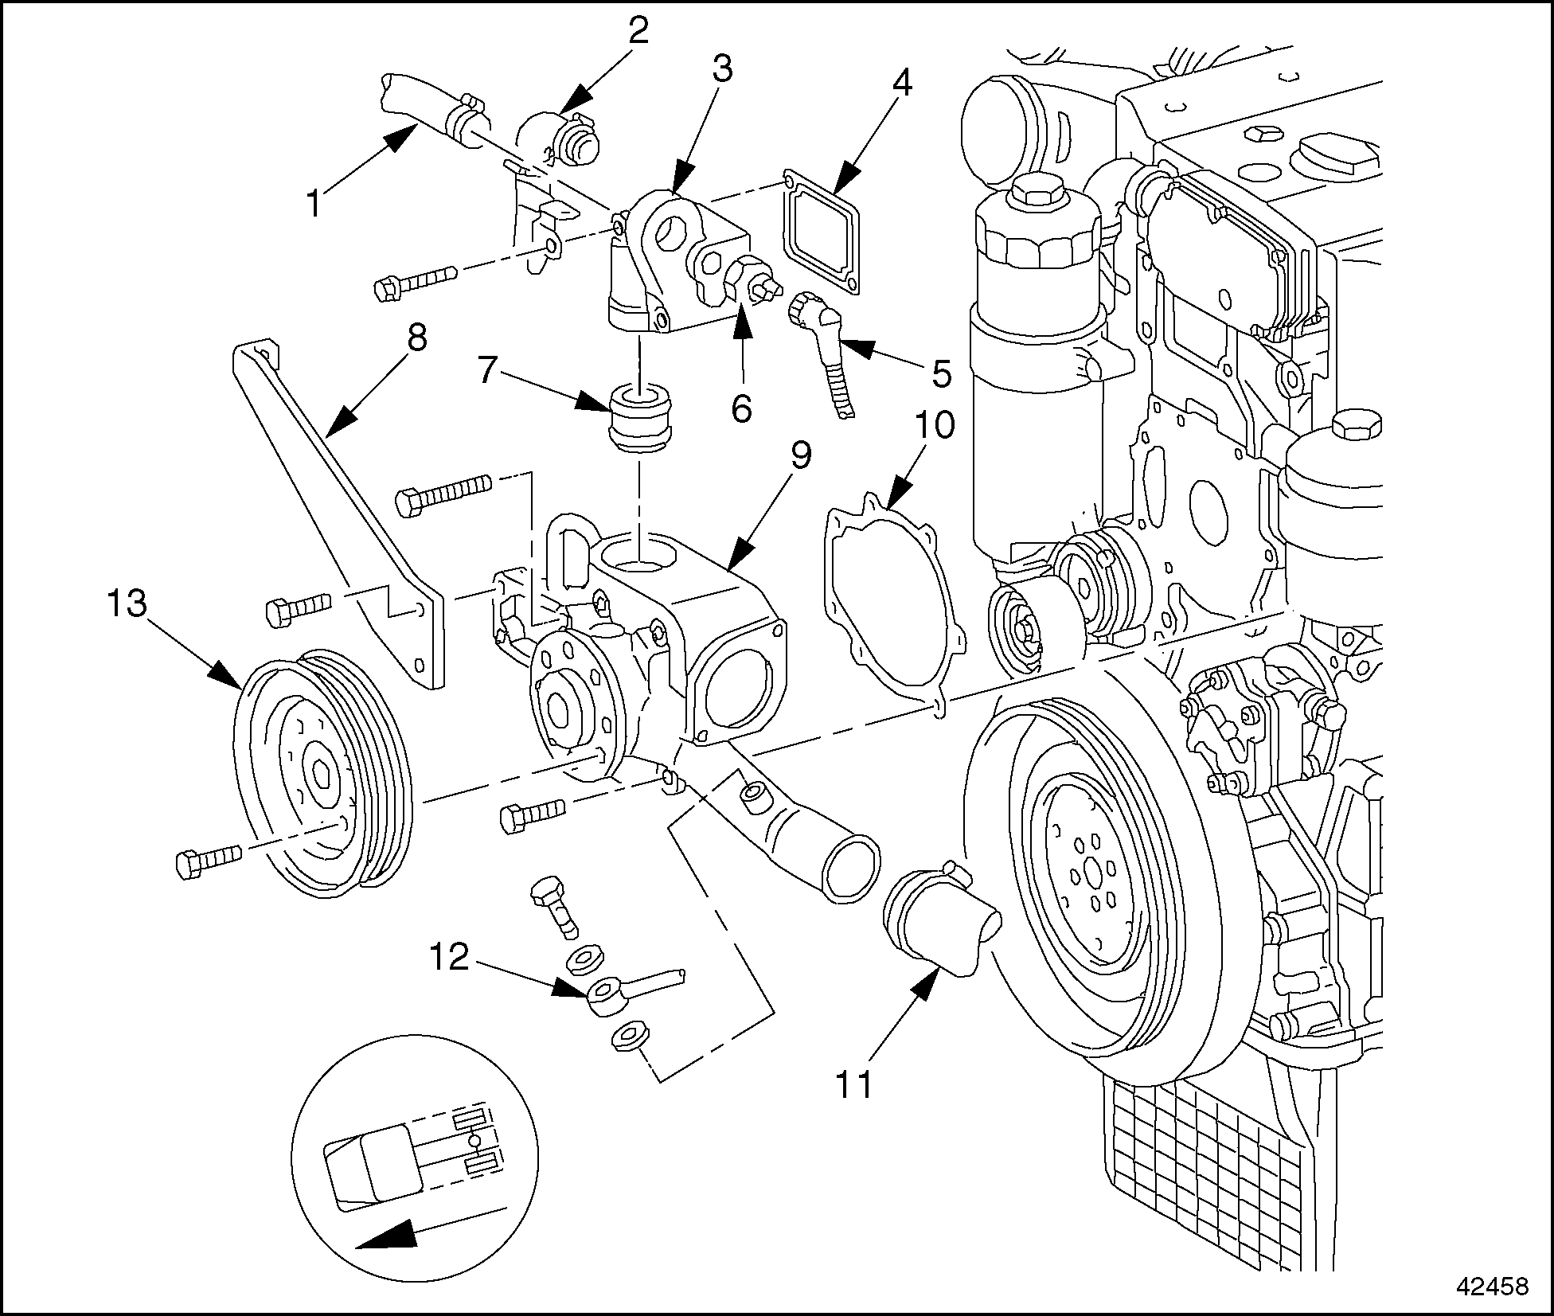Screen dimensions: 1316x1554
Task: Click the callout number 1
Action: pos(314,204)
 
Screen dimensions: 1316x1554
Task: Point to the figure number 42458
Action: pos(1486,1287)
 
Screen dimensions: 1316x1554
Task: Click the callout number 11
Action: pos(852,1084)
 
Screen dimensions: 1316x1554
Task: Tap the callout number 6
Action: pos(740,410)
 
